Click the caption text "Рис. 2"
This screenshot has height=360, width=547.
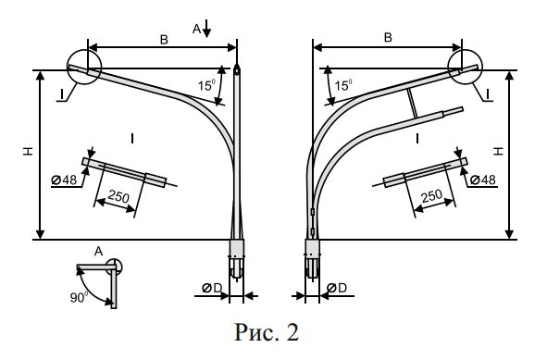click(x=267, y=332)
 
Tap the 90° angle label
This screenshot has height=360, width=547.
click(x=80, y=297)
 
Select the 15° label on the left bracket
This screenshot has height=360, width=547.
click(x=206, y=85)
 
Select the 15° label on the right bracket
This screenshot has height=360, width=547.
click(x=343, y=85)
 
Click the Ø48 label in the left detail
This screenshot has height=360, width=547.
click(x=64, y=180)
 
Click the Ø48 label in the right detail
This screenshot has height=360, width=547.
click(x=483, y=180)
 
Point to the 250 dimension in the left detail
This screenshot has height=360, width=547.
click(x=118, y=196)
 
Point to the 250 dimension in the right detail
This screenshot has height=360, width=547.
click(x=432, y=196)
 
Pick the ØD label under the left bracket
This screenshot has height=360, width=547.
click(x=212, y=288)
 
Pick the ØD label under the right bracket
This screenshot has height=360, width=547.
click(x=337, y=288)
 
